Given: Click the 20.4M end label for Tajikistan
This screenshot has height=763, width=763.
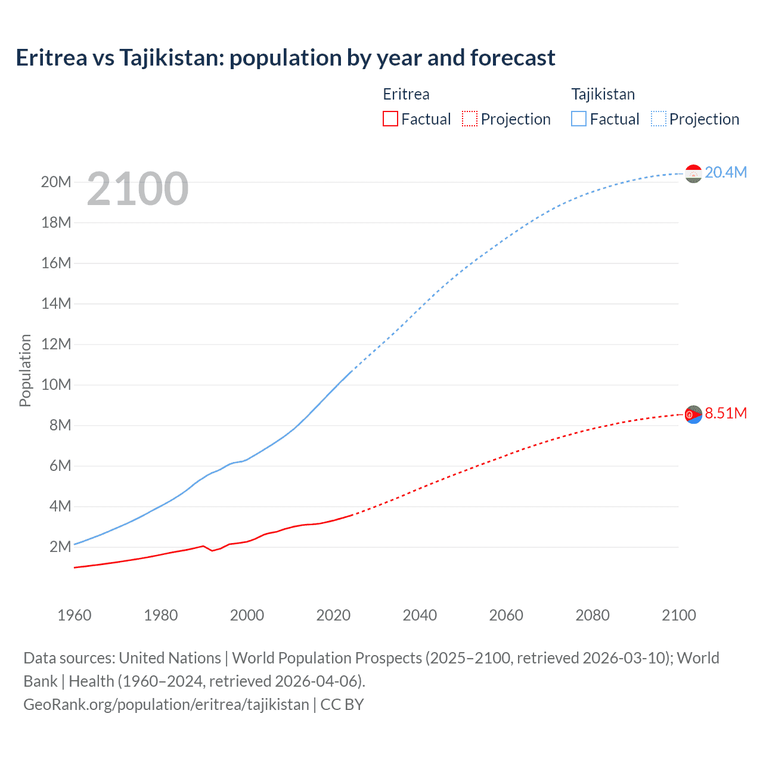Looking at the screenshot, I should click(725, 172).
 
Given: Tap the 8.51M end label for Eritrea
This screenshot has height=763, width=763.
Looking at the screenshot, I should click(725, 413).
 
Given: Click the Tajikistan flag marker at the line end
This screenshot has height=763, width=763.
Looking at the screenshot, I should click(693, 173).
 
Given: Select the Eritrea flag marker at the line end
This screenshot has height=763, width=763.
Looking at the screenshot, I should click(693, 414).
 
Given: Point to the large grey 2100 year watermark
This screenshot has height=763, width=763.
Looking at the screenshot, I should click(138, 189).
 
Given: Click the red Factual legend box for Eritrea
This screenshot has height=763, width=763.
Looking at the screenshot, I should click(390, 119).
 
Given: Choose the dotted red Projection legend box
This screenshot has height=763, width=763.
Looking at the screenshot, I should click(470, 119).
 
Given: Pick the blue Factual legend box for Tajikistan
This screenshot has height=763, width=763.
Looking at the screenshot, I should click(579, 119).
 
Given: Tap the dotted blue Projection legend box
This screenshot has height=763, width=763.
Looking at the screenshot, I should click(659, 119).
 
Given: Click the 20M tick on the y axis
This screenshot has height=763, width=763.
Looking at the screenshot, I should click(56, 182).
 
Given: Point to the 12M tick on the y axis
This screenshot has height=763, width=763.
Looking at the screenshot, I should click(56, 344).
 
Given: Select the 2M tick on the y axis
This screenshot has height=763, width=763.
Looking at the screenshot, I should click(60, 547).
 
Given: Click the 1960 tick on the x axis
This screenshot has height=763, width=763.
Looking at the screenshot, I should click(75, 615).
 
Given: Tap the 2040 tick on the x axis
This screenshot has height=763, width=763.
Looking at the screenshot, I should click(420, 615).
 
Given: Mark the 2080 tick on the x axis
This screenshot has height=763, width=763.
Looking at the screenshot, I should click(593, 615).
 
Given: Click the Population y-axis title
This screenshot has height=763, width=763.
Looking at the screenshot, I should click(25, 370).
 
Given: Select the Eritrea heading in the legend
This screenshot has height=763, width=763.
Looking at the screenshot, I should click(406, 94).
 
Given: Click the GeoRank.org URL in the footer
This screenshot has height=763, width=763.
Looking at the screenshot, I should click(166, 704).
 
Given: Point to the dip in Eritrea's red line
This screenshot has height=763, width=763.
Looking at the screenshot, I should click(212, 550).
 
